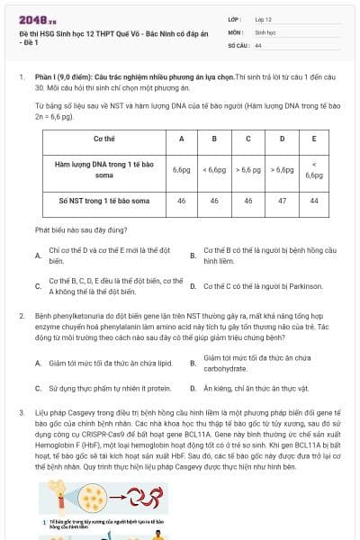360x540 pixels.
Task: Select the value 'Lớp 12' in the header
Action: click(265, 19)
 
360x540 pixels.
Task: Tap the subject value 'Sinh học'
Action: click(264, 31)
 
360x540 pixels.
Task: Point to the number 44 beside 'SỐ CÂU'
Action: click(258, 44)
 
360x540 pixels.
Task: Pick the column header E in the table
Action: click(313, 139)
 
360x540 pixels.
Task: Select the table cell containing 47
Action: click(282, 202)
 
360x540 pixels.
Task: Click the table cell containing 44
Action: click(313, 202)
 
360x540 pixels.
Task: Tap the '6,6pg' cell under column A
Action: click(181, 169)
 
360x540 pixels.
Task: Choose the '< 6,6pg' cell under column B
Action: click(215, 169)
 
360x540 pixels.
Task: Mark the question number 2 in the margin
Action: click(21, 317)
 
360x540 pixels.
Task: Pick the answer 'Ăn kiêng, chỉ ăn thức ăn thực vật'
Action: click(256, 388)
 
